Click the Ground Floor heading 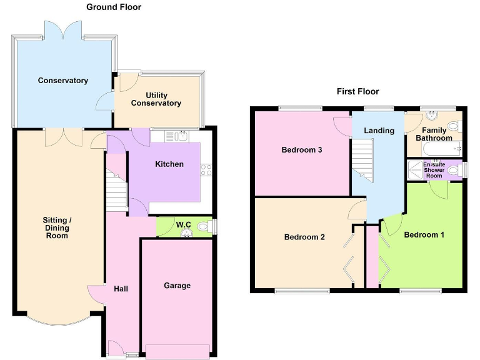(x=113, y=7)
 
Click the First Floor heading (x=357, y=91)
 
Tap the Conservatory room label (x=62, y=81)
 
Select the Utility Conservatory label (x=156, y=99)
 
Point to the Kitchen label (x=169, y=164)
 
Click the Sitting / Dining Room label (x=57, y=227)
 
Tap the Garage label (x=177, y=286)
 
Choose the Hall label (x=121, y=289)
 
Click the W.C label (x=183, y=225)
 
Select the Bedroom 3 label (x=301, y=150)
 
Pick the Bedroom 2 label (x=304, y=237)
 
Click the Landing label (x=379, y=131)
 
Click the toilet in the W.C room (x=202, y=226)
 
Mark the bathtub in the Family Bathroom (x=442, y=149)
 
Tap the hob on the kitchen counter (x=206, y=169)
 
